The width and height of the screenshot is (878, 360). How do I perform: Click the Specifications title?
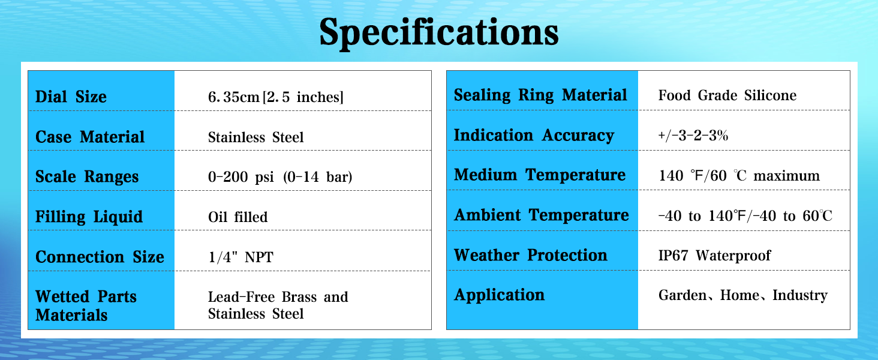click(439, 34)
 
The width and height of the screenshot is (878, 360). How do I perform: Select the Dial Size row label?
click(71, 97)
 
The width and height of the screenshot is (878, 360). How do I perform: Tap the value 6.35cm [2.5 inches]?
click(275, 97)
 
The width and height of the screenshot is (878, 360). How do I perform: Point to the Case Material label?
click(90, 137)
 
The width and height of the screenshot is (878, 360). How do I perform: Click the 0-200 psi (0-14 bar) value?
click(280, 177)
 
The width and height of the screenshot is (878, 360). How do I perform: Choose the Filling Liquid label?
click(89, 217)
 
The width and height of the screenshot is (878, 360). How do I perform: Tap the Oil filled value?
click(238, 217)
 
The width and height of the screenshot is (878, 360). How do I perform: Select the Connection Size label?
click(100, 257)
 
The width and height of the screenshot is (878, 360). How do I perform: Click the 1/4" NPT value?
click(240, 257)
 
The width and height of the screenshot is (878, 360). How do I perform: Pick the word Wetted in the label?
click(63, 296)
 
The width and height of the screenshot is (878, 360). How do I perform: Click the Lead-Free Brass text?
click(262, 297)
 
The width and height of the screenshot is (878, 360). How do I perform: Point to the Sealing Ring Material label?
click(540, 95)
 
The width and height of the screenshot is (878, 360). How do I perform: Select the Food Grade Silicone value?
click(727, 95)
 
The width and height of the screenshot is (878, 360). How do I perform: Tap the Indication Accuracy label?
click(534, 135)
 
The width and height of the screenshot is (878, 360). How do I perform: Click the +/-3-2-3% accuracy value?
click(693, 136)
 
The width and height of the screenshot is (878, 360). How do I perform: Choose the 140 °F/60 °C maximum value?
click(739, 176)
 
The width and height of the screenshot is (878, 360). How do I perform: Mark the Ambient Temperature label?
click(542, 215)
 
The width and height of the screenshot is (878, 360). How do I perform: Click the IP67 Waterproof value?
click(714, 255)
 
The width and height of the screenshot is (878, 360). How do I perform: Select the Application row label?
click(500, 295)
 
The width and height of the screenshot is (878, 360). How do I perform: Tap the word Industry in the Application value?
click(800, 295)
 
